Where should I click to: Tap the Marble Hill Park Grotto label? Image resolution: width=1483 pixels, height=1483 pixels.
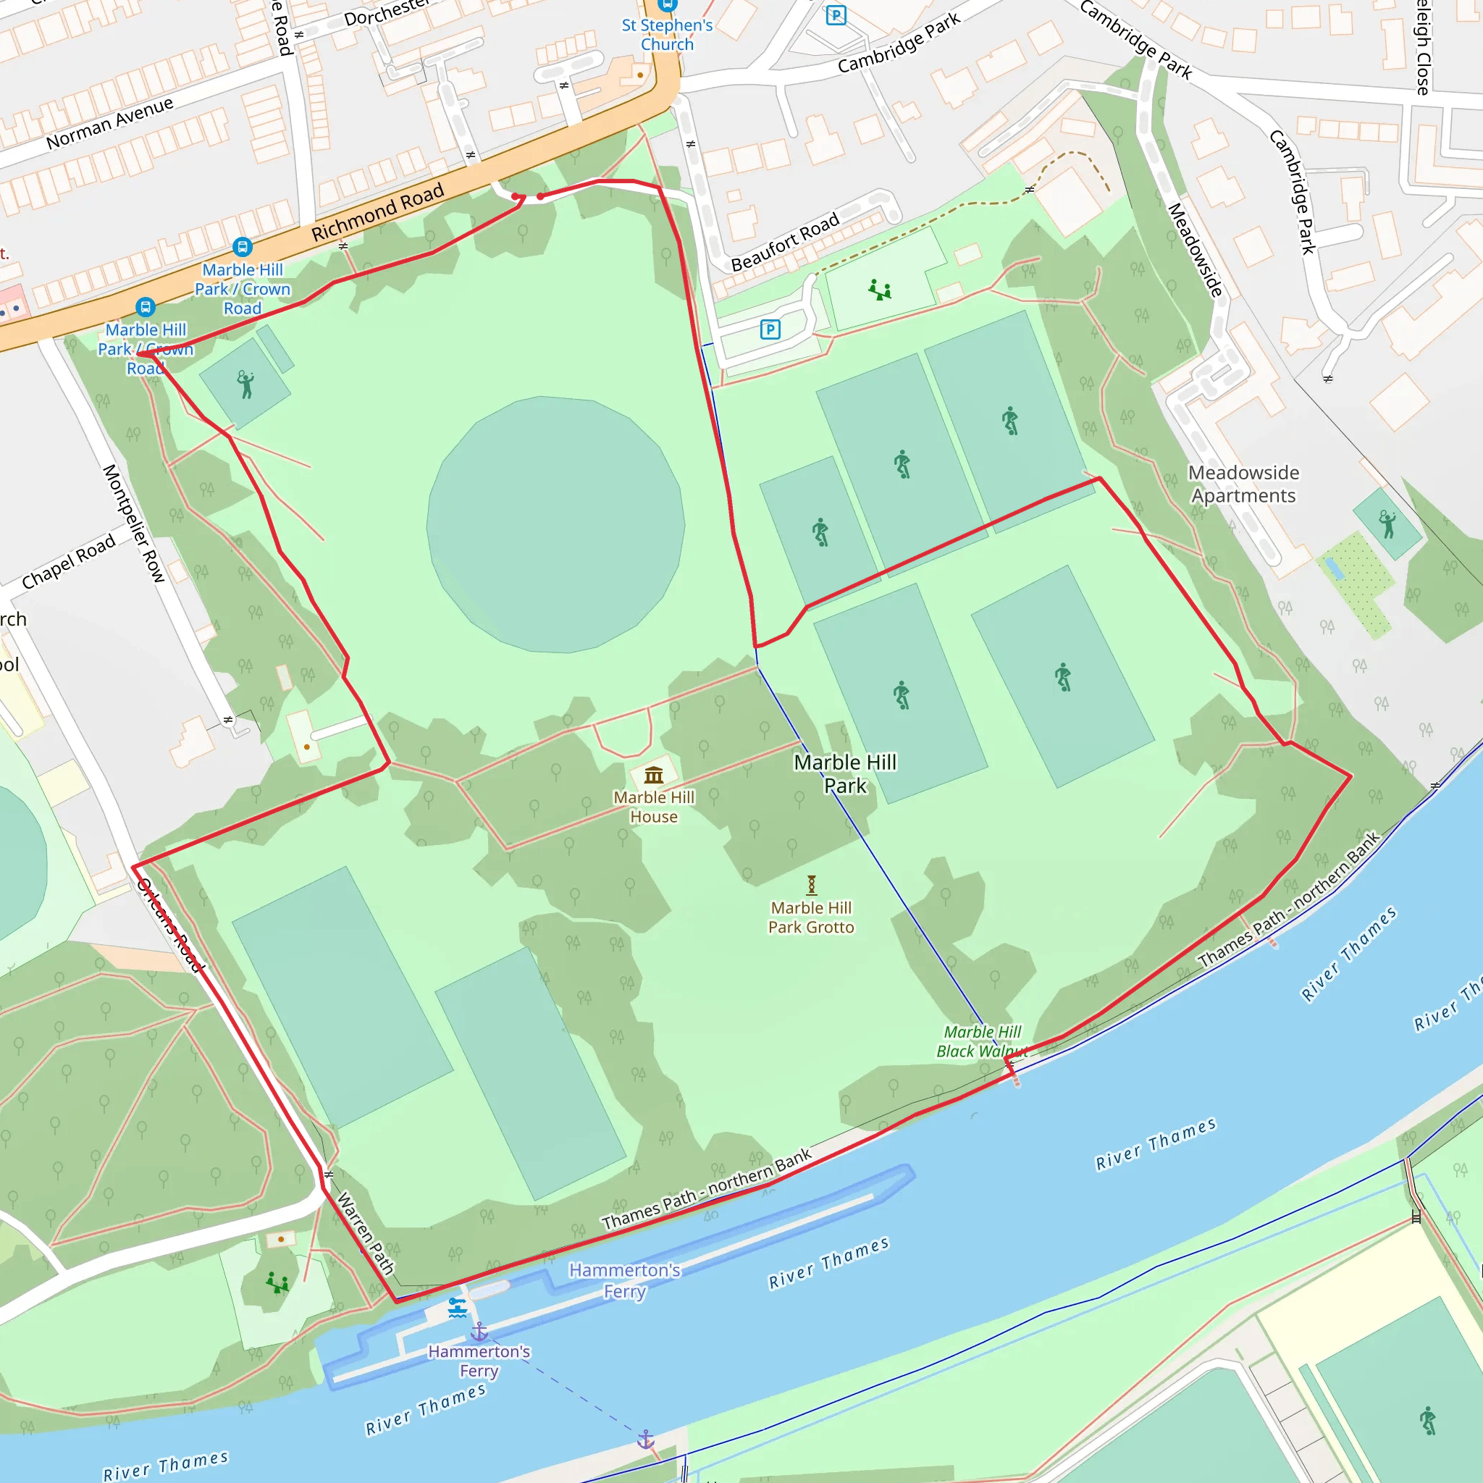[810, 917]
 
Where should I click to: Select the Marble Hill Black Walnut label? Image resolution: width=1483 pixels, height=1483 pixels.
[981, 1041]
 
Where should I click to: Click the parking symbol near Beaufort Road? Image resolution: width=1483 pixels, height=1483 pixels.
[770, 329]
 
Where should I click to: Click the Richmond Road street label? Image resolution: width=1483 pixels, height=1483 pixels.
[378, 212]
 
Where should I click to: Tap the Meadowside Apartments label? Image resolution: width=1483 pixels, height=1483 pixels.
[1243, 484]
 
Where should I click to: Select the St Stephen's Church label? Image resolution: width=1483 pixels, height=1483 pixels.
[667, 35]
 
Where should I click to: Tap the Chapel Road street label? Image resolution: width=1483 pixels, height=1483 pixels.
[68, 561]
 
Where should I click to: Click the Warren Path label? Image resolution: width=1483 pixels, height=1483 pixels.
[366, 1232]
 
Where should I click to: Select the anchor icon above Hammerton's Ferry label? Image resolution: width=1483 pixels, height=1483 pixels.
[479, 1331]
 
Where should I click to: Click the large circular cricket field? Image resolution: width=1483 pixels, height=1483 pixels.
[555, 524]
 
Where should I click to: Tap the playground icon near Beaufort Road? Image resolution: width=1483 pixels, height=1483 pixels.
[880, 290]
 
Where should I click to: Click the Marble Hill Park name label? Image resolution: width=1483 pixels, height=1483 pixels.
[845, 774]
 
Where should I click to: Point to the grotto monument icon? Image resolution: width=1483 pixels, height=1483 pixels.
[811, 885]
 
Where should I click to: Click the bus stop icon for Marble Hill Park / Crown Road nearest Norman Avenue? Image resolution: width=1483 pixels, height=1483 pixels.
[243, 247]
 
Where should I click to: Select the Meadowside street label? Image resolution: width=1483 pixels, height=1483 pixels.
[1194, 251]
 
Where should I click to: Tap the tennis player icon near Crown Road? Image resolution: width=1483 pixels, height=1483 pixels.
[245, 384]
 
